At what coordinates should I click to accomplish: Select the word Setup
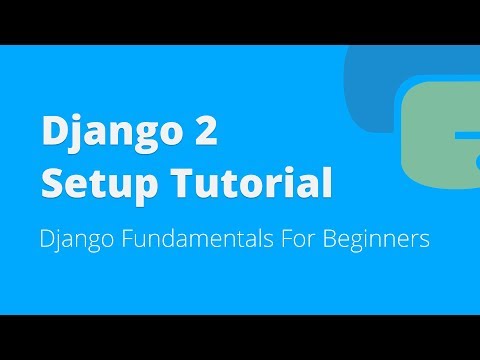(x=95, y=183)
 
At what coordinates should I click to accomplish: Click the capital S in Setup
(x=51, y=183)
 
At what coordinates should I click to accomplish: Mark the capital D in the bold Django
(x=53, y=134)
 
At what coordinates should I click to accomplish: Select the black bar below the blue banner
(x=240, y=337)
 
